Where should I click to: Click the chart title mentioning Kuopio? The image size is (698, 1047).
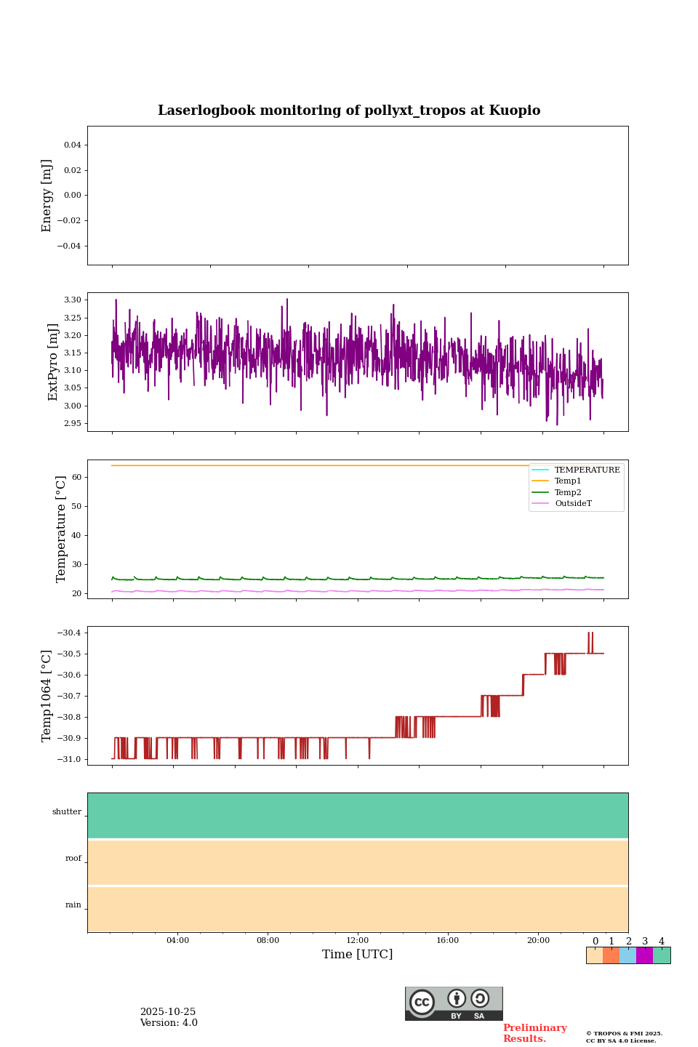[x=349, y=111]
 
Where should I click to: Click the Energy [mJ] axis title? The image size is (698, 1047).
[x=47, y=196]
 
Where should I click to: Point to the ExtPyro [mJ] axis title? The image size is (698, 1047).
[x=53, y=362]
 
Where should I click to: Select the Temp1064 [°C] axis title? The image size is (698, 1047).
[x=47, y=696]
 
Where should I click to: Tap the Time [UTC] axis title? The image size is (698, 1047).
[x=357, y=954]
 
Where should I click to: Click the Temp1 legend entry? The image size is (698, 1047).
[x=568, y=481]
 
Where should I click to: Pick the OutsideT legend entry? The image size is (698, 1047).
[x=573, y=504]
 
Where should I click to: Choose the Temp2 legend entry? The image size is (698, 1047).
[x=568, y=492]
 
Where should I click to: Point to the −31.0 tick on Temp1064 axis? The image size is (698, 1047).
[x=70, y=759]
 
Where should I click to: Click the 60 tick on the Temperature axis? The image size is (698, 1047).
[x=76, y=478]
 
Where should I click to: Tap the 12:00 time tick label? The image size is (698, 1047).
[x=357, y=941]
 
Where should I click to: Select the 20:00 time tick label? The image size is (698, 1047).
[x=538, y=941]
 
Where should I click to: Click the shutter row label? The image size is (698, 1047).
[x=67, y=812]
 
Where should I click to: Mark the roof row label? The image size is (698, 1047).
[x=73, y=859]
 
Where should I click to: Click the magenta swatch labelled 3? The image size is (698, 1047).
[x=644, y=955]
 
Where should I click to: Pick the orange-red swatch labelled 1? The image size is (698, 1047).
[x=611, y=955]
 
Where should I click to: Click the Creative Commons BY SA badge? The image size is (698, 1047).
[x=454, y=1003]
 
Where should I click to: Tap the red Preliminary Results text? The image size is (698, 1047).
[x=534, y=1033]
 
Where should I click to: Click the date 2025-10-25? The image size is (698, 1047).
[x=168, y=1012]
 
